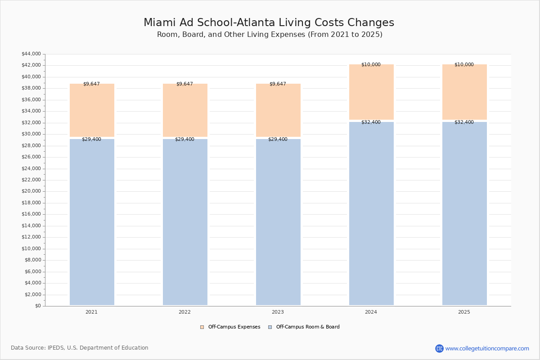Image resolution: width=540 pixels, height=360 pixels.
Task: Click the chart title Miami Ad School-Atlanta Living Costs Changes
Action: (269, 23)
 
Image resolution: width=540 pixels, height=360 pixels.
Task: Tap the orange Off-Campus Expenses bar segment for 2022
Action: (185, 110)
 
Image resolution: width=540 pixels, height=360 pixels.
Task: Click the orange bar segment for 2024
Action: (371, 92)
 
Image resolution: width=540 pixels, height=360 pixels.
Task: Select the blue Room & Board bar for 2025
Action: (464, 214)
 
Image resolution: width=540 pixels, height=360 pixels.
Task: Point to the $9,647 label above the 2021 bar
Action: (91, 84)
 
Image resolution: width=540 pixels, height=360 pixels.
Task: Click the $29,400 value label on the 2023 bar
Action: (278, 139)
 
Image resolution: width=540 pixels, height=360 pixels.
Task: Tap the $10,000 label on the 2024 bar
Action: (371, 65)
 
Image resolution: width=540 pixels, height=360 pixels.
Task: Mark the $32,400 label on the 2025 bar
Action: (464, 122)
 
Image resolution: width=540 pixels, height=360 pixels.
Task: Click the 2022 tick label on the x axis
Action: (184, 312)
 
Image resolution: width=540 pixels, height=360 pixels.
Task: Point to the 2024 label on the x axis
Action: (371, 312)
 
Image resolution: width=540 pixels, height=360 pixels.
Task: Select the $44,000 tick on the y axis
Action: (31, 54)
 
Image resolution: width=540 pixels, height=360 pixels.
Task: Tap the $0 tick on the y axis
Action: (37, 306)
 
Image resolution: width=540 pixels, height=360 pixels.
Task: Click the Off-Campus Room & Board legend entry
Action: (308, 327)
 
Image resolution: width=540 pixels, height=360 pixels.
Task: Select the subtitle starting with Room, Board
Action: (270, 35)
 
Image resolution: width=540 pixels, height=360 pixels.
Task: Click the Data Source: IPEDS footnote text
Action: (80, 348)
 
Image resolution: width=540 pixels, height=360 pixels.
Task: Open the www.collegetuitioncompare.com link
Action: (487, 348)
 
